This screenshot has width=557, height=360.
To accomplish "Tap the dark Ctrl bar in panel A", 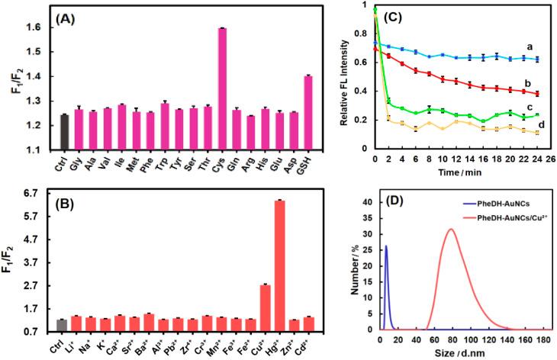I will pyautogui.click(x=64, y=131).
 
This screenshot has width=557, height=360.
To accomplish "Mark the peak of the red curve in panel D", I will pyautogui.click(x=450, y=229).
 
